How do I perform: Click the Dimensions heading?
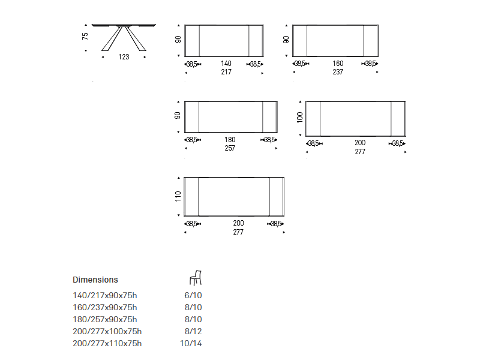[x=95, y=280]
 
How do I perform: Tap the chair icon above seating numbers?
[x=196, y=278]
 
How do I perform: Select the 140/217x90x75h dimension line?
[x=104, y=295]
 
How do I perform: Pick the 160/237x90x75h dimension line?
[x=104, y=307]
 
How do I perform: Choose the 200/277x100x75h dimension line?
[x=107, y=331]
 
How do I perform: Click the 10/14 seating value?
[x=191, y=343]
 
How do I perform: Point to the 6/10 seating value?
[x=193, y=295]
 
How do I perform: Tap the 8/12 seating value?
[x=193, y=331]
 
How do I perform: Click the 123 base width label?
[x=124, y=57]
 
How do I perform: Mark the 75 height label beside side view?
[x=85, y=36]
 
